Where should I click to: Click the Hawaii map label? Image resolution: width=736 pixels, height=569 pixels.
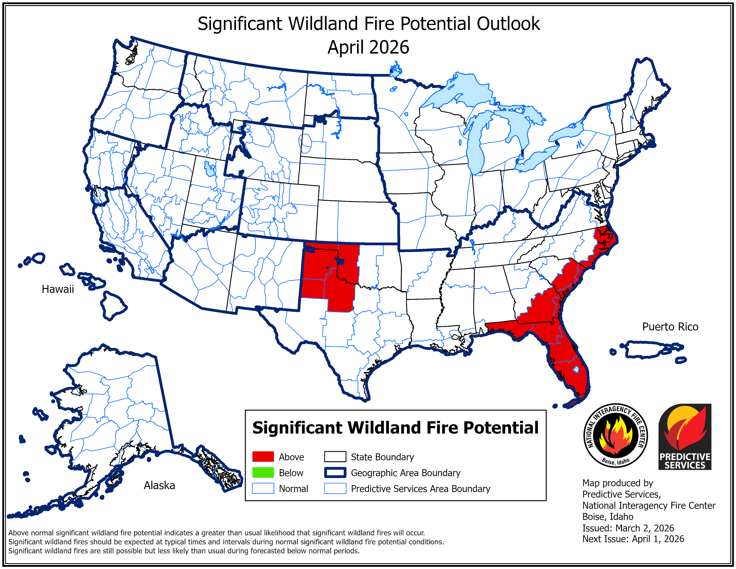(x=58, y=289)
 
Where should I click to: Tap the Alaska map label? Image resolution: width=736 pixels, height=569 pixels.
(x=159, y=485)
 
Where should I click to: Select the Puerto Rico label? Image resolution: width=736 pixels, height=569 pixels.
(x=670, y=327)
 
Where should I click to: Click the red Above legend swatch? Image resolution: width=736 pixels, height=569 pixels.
(x=263, y=457)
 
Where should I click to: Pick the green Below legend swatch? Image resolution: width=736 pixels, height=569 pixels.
(x=263, y=473)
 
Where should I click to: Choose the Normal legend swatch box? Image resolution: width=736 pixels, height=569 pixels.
(x=263, y=488)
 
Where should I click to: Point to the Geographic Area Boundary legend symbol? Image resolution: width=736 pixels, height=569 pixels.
(x=335, y=473)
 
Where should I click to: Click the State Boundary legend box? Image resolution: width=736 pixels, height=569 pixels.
(x=335, y=457)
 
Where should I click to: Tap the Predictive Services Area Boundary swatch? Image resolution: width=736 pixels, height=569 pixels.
(x=335, y=488)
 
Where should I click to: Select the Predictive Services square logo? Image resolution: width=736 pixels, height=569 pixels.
(x=685, y=436)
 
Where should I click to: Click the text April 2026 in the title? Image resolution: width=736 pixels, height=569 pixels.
(x=368, y=47)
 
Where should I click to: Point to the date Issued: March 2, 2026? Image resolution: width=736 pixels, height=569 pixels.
(x=628, y=528)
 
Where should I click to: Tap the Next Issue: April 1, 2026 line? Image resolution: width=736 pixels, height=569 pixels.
(x=633, y=539)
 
